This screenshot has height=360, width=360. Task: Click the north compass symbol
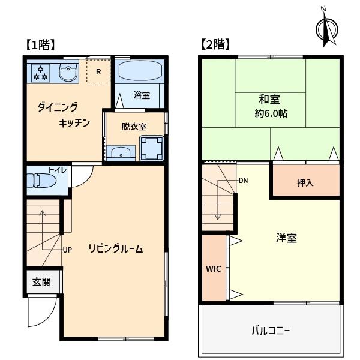coord(327,29)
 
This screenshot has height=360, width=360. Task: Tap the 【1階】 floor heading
coord(40,45)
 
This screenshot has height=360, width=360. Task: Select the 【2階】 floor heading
coord(215,44)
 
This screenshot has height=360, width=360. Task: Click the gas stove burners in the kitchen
coord(40,73)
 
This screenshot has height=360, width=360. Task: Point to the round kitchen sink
coord(68,72)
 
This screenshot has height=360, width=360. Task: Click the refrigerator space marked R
coord(98,71)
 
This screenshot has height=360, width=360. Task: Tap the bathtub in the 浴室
coord(140,70)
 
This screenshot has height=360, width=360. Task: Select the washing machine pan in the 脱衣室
coord(152,149)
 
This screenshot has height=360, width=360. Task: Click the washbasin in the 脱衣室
coord(121,152)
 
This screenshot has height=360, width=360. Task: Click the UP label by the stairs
coord(67,250)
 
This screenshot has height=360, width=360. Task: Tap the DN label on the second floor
coord(244,181)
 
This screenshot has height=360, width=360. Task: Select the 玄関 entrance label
coord(41,282)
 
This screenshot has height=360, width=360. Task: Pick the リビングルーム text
coord(115,248)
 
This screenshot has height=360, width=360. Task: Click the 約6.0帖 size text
coord(271,113)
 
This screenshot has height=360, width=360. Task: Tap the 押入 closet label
coord(305,183)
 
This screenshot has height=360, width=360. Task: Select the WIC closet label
coord(214,269)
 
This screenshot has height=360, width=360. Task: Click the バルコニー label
coord(271,331)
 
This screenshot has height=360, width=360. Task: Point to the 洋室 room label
coord(286,238)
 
